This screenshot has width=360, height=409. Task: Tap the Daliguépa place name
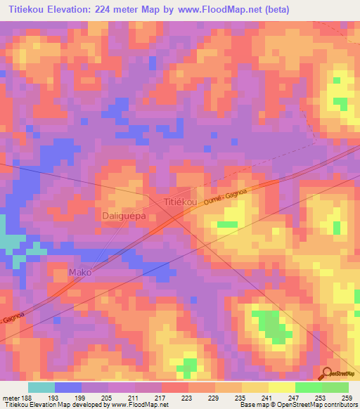pyautogui.click(x=124, y=216)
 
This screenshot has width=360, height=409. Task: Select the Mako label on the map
pyautogui.click(x=79, y=272)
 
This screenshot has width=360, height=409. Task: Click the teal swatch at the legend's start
pyautogui.click(x=41, y=387)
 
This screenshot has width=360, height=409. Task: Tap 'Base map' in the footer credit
pyautogui.click(x=252, y=405)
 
